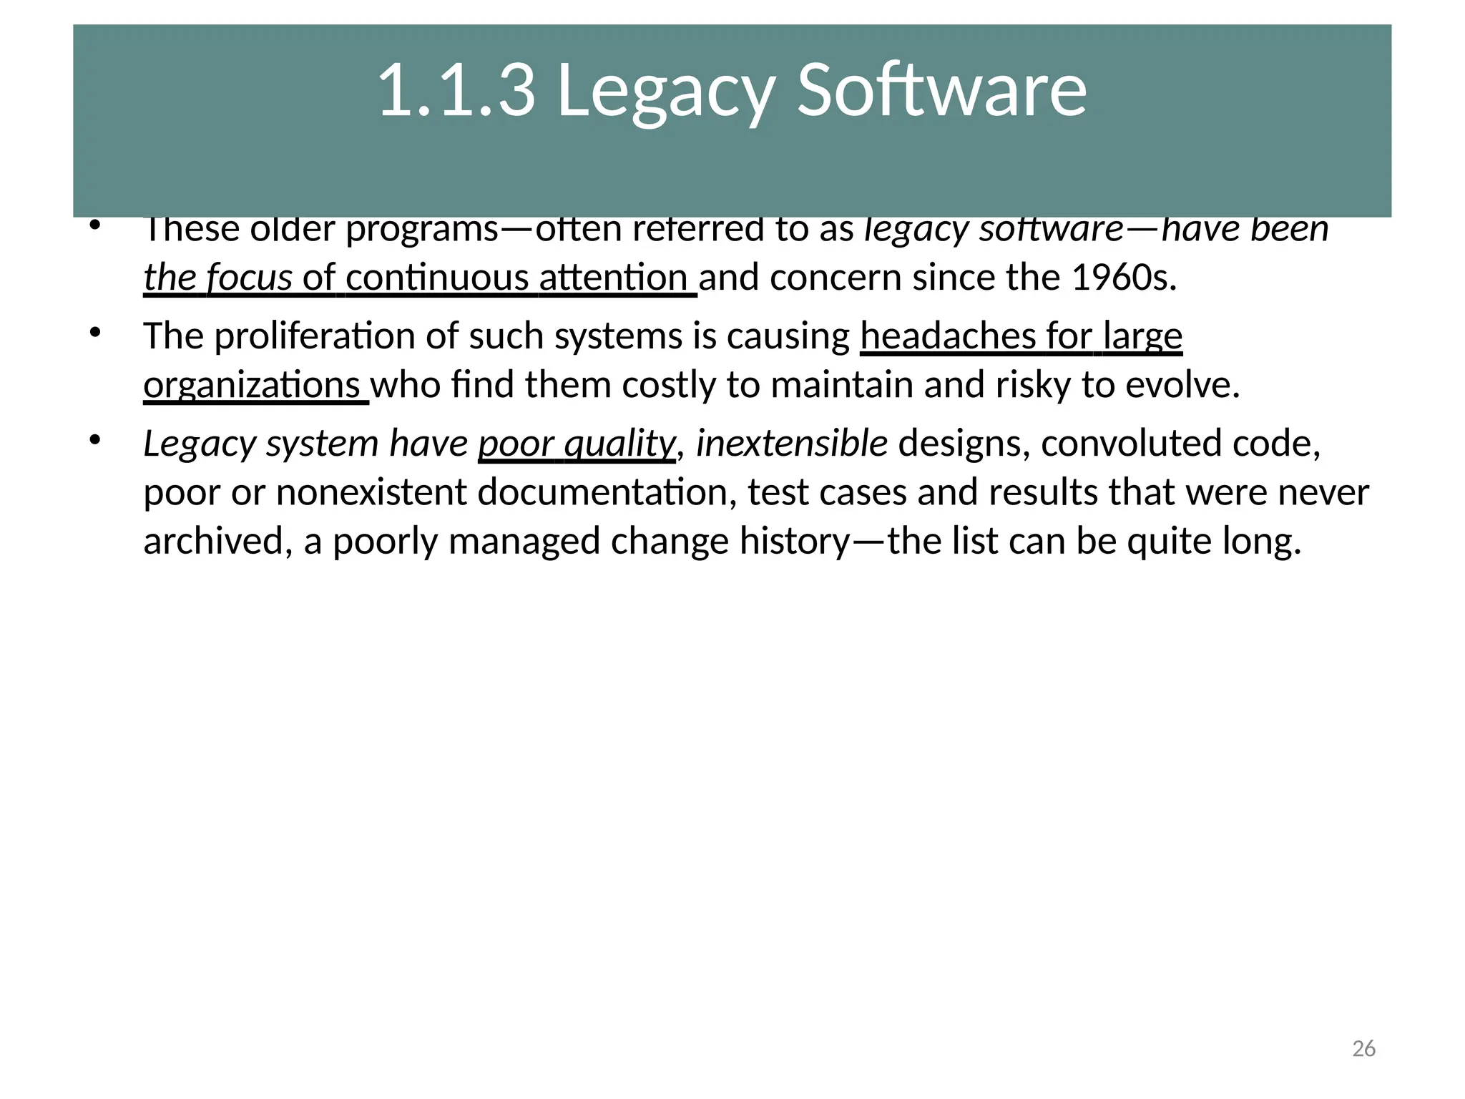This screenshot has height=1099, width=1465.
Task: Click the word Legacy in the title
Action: [666, 91]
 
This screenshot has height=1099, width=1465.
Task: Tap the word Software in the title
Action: [941, 91]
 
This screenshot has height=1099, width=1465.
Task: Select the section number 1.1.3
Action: [456, 91]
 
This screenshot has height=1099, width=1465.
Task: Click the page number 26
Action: [1363, 1049]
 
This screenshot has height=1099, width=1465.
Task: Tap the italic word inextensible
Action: [792, 444]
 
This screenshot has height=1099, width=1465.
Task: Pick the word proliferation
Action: [315, 336]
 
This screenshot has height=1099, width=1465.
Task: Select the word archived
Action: [217, 541]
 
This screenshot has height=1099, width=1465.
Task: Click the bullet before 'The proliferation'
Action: [95, 333]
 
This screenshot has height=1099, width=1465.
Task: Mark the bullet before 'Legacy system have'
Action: [95, 440]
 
